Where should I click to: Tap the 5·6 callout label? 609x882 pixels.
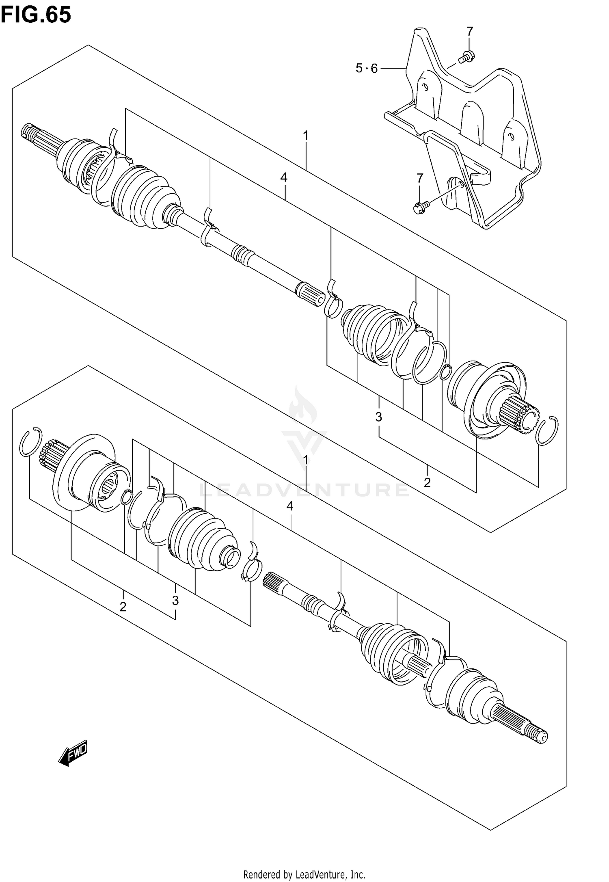pos(367,69)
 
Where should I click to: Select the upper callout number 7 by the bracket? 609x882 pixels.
pos(469,31)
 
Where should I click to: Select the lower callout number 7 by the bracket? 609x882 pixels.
pos(420,178)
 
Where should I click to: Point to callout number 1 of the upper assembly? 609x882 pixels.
pos(306,136)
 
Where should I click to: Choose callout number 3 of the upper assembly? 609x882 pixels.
pos(378,417)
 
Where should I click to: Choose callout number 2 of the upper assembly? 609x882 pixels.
pos(427,483)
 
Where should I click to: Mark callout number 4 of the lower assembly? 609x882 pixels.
pos(289,506)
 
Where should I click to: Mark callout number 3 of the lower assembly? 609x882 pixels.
pos(175,600)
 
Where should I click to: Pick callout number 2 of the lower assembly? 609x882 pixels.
pos(123,607)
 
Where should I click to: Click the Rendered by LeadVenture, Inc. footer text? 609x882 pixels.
pos(304,871)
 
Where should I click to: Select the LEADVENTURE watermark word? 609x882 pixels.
pos(304,490)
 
